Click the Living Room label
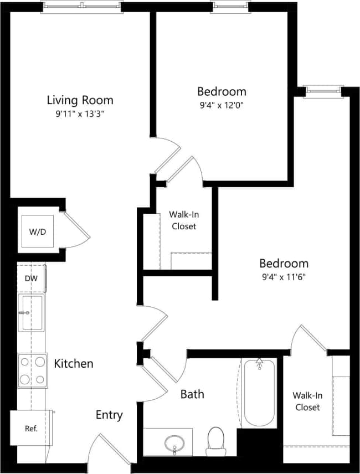click(x=80, y=100)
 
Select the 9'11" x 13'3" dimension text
click(x=80, y=115)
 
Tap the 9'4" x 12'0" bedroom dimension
click(x=222, y=106)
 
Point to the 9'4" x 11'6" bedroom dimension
click(x=284, y=277)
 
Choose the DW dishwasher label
click(x=31, y=279)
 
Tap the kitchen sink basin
click(x=32, y=312)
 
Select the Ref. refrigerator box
click(x=31, y=428)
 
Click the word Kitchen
click(x=73, y=364)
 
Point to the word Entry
click(x=109, y=415)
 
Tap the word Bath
click(x=192, y=394)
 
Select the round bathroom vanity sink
click(x=176, y=442)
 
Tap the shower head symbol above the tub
click(x=259, y=364)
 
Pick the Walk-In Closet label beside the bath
click(x=306, y=401)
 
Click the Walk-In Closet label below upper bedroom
click(x=184, y=220)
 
